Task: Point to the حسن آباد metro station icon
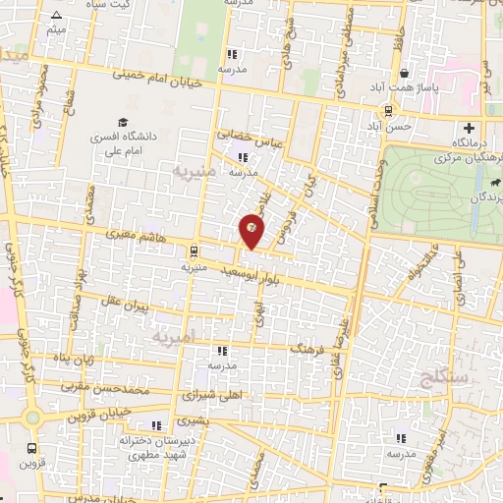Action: pyautogui.click(x=390, y=110)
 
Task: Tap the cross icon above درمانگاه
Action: pyautogui.click(x=470, y=128)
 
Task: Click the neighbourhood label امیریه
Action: pyautogui.click(x=174, y=337)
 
